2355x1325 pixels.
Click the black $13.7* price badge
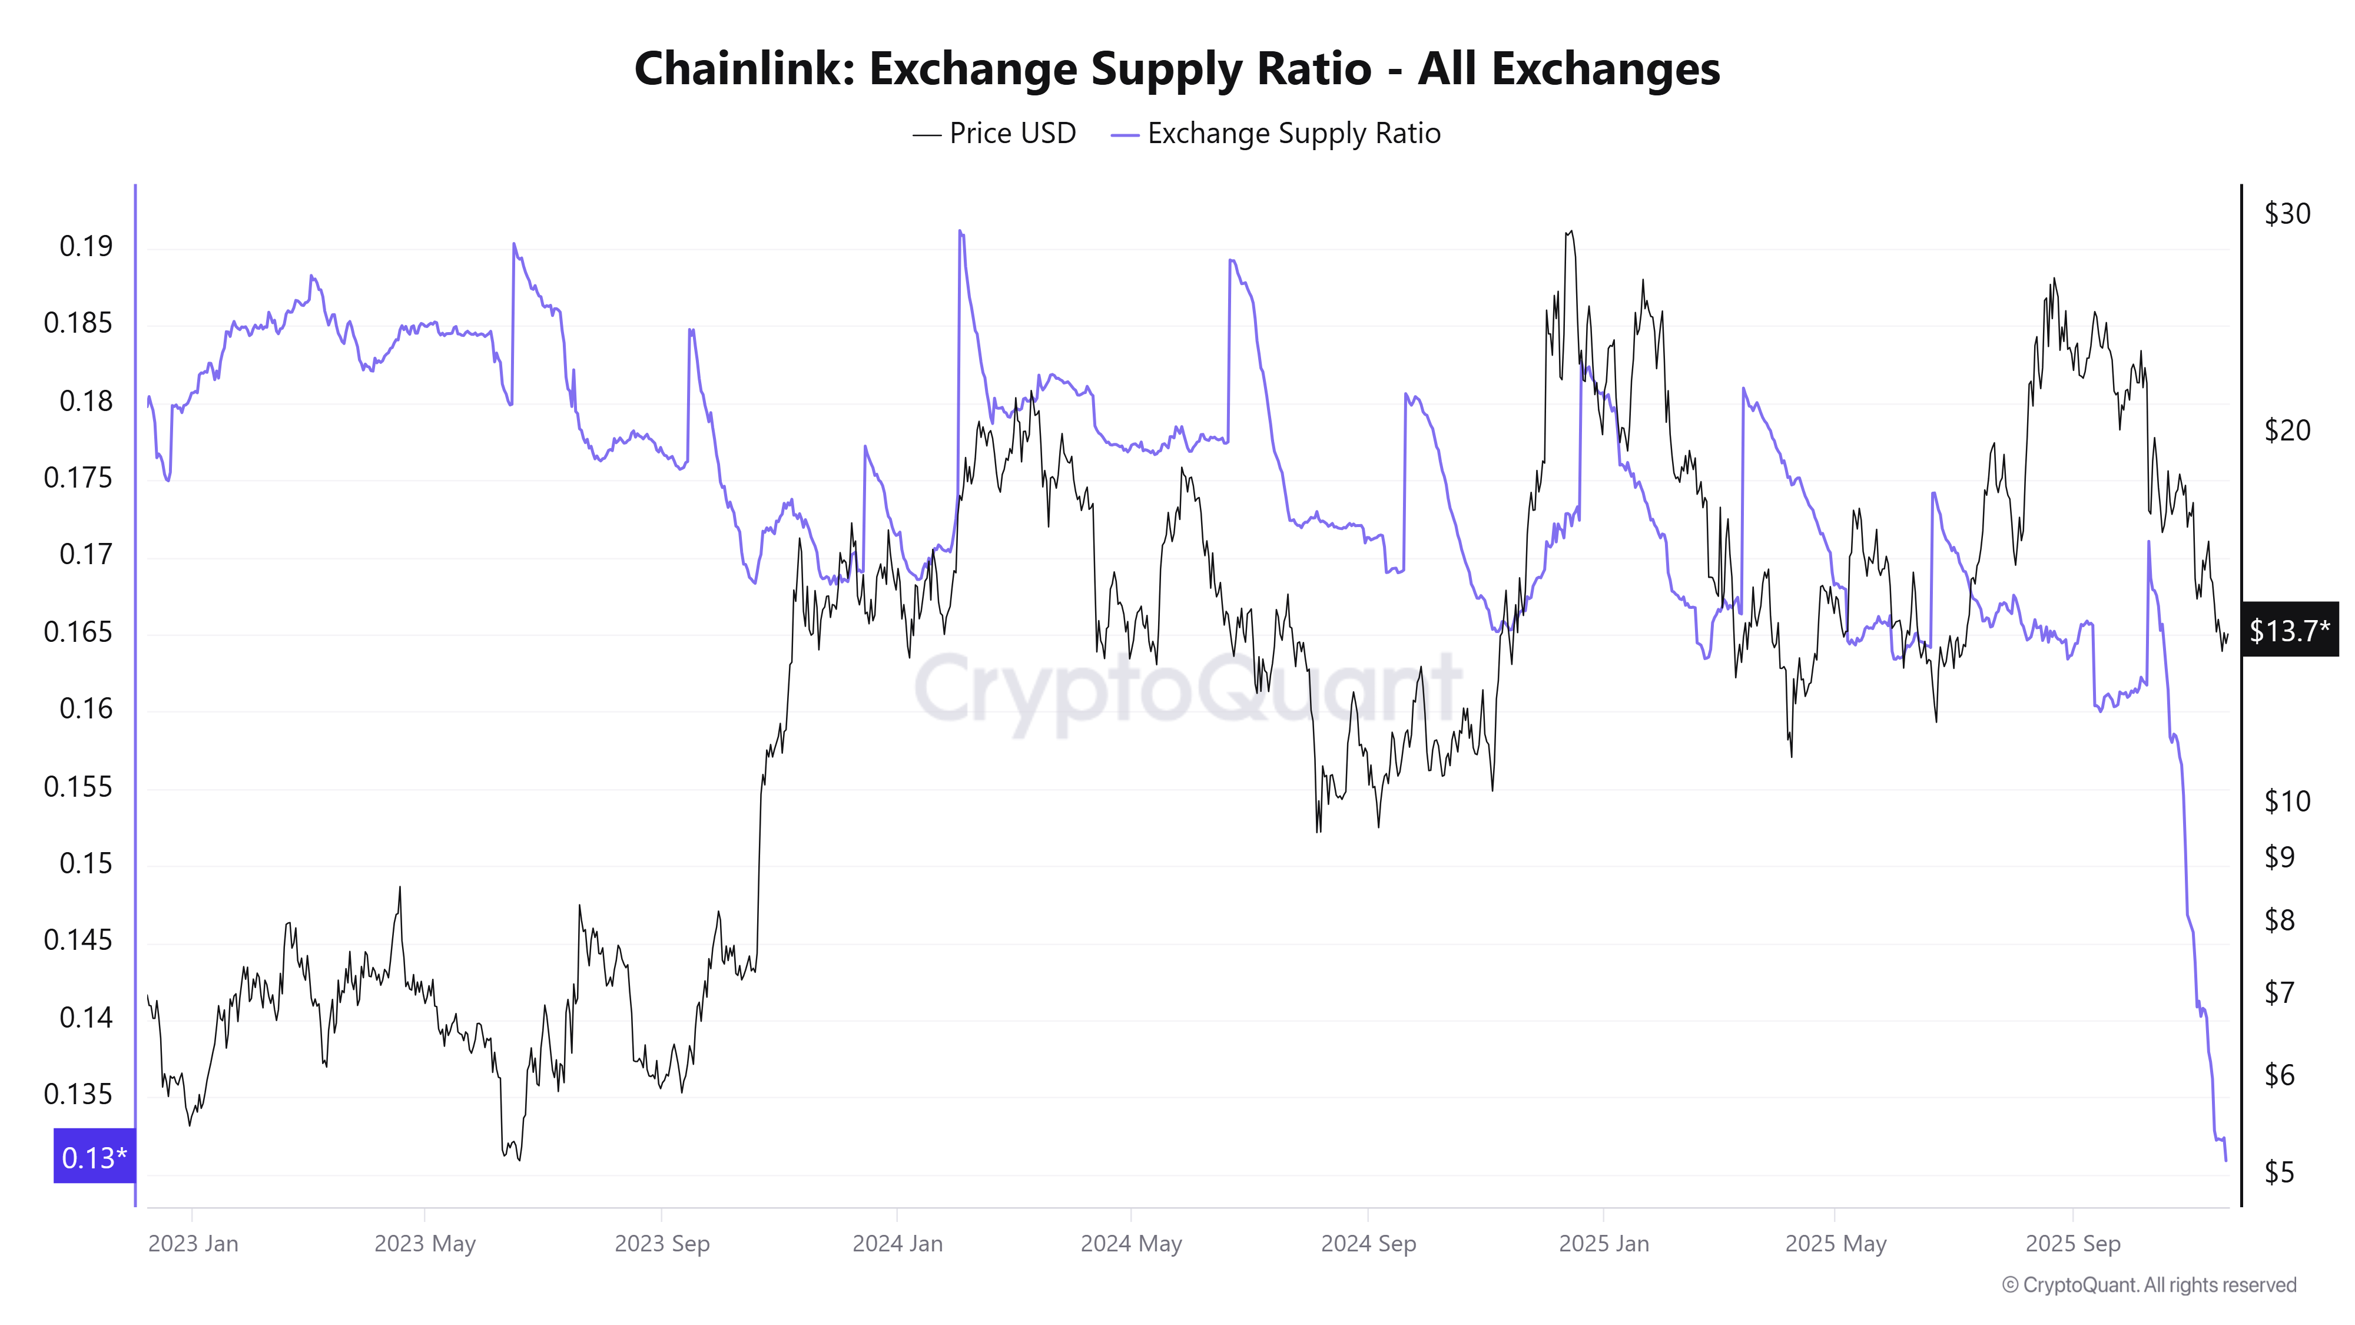tap(2288, 630)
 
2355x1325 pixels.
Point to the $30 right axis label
tap(2287, 213)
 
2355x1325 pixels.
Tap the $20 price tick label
tap(2287, 430)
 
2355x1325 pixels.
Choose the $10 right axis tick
tap(2287, 801)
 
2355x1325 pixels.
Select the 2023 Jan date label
tap(193, 1244)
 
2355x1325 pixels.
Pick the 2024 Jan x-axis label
tap(897, 1244)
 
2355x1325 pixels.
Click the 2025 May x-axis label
tap(1835, 1244)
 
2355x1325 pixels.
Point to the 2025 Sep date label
tap(2072, 1244)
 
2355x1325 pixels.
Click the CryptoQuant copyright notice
tap(2148, 1285)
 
